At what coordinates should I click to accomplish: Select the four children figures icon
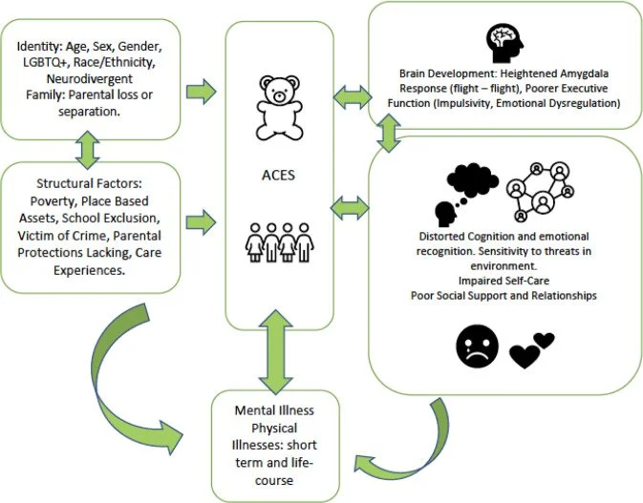(279, 241)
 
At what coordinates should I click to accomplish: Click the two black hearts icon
(533, 349)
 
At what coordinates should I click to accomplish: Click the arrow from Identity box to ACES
(201, 92)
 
